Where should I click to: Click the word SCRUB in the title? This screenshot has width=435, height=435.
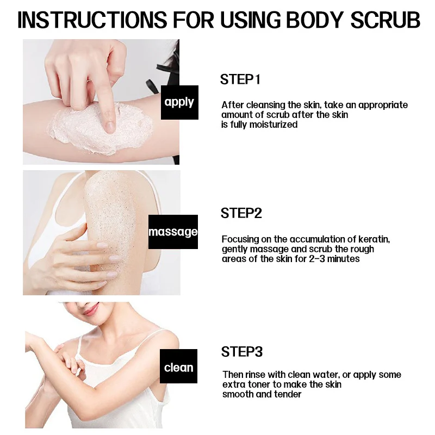pyautogui.click(x=385, y=20)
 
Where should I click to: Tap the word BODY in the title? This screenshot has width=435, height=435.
pyautogui.click(x=315, y=20)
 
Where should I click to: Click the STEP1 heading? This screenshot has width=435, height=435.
pyautogui.click(x=240, y=79)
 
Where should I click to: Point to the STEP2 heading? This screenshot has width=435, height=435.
pyautogui.click(x=241, y=213)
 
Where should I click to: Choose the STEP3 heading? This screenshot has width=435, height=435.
pyautogui.click(x=241, y=351)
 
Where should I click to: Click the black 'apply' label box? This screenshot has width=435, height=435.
pyautogui.click(x=179, y=102)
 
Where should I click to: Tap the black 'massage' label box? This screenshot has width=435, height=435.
pyautogui.click(x=173, y=232)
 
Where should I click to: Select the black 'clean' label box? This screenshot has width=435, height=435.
pyautogui.click(x=178, y=366)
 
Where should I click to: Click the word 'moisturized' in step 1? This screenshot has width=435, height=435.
pyautogui.click(x=274, y=125)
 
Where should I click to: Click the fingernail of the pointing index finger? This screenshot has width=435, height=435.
pyautogui.click(x=110, y=126)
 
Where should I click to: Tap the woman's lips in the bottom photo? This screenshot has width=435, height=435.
pyautogui.click(x=91, y=309)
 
